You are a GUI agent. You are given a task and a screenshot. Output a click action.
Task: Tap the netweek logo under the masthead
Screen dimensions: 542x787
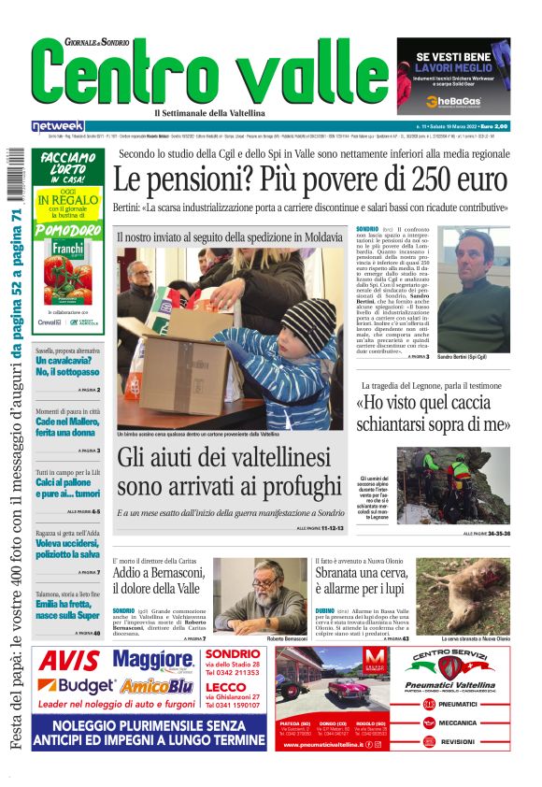[58, 126]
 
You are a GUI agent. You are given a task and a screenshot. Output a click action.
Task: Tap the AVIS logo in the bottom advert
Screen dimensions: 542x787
[70, 662]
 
